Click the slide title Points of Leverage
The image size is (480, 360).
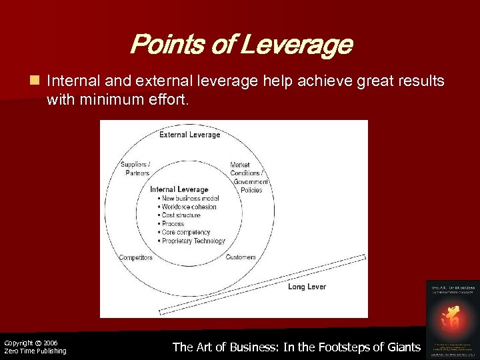241,45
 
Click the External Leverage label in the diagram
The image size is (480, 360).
189,135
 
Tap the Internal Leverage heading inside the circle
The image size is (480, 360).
179,190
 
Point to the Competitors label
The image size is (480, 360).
136,257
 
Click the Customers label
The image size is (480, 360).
241,257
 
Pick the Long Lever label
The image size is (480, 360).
307,287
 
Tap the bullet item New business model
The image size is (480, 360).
190,199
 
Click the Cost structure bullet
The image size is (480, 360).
181,216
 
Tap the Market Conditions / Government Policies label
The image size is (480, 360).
248,177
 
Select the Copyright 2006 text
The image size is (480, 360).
31,343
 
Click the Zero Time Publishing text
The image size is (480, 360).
35,351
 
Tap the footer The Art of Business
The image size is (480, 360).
297,347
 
